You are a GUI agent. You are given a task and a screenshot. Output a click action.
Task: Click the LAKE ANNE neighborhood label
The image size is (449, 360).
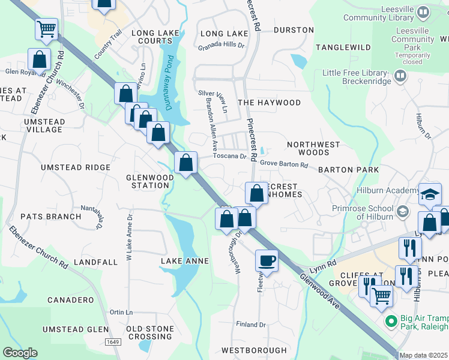point(185,262)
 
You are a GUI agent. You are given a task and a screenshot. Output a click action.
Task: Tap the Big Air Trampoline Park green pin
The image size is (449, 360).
point(391,322)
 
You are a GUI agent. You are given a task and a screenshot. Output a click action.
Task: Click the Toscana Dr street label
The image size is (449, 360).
point(230,156)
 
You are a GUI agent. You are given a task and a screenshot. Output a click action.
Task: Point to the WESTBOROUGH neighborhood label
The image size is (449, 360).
point(254,350)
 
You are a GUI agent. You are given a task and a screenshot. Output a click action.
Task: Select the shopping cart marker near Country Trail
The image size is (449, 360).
point(47,28)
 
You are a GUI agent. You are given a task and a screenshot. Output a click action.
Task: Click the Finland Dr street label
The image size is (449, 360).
point(250,325)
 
